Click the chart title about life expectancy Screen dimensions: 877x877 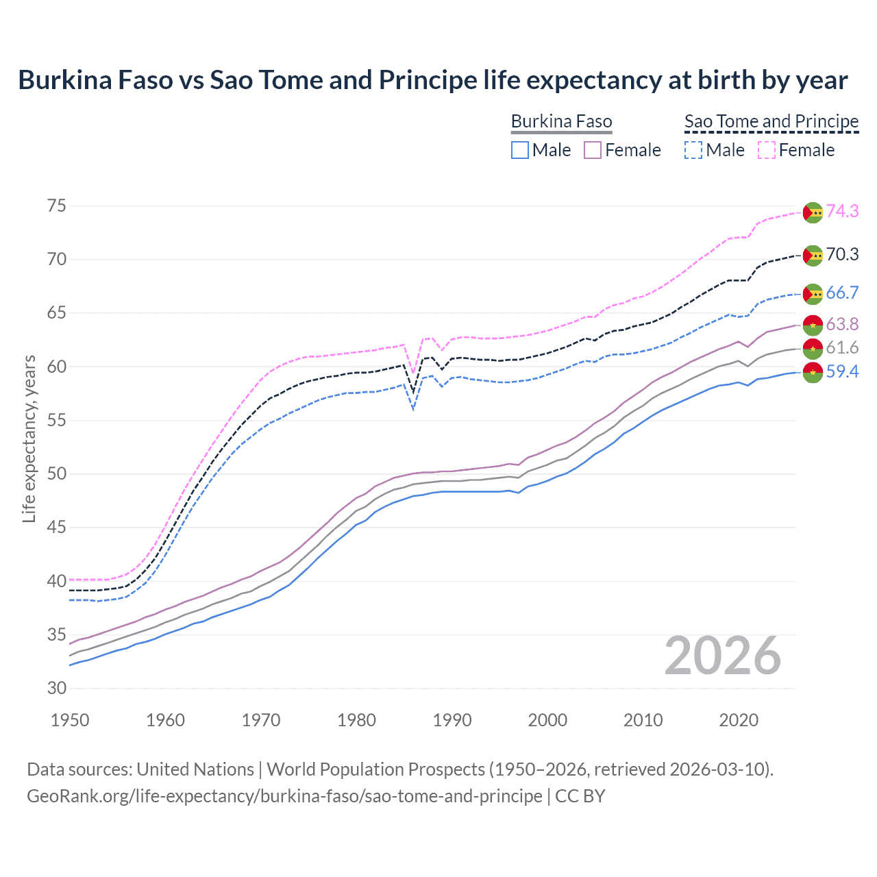[432, 80]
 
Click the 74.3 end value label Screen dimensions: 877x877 [842, 211]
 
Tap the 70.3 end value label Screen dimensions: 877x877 [842, 255]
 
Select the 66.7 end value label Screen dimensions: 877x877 [842, 293]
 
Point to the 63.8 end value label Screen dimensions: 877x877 [842, 324]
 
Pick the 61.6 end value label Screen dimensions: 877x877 [842, 347]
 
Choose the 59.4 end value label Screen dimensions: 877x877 [842, 371]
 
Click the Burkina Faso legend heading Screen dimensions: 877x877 [561, 122]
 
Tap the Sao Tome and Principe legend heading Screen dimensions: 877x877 [771, 122]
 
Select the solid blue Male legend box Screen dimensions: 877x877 [520, 150]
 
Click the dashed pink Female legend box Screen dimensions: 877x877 [767, 150]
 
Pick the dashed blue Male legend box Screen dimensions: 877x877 [693, 150]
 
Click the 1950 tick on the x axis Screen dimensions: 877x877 [70, 720]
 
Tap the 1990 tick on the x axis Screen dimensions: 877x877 [452, 720]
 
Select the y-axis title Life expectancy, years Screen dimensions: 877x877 [29, 438]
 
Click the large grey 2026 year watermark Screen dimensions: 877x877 [723, 656]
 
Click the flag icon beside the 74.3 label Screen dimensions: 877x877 [813, 212]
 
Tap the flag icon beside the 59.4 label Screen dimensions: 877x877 [813, 373]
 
